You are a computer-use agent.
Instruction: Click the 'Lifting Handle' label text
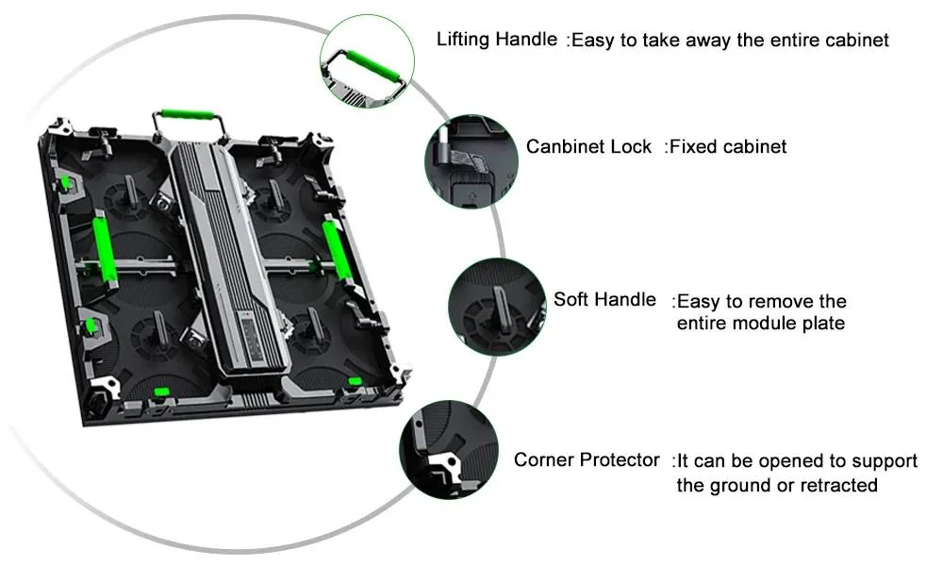tap(496, 41)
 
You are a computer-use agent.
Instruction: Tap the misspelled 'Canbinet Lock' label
tap(588, 146)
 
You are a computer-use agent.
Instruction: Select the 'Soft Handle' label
tap(604, 300)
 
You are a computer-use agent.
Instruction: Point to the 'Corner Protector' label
tap(587, 460)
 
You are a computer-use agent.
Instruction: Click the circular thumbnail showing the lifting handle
tap(369, 66)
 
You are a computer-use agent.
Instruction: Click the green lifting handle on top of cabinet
tap(186, 119)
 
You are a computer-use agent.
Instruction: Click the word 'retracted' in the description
tap(838, 485)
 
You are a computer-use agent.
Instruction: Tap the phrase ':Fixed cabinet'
tap(725, 146)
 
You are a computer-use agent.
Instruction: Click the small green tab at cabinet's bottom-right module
tap(355, 380)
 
